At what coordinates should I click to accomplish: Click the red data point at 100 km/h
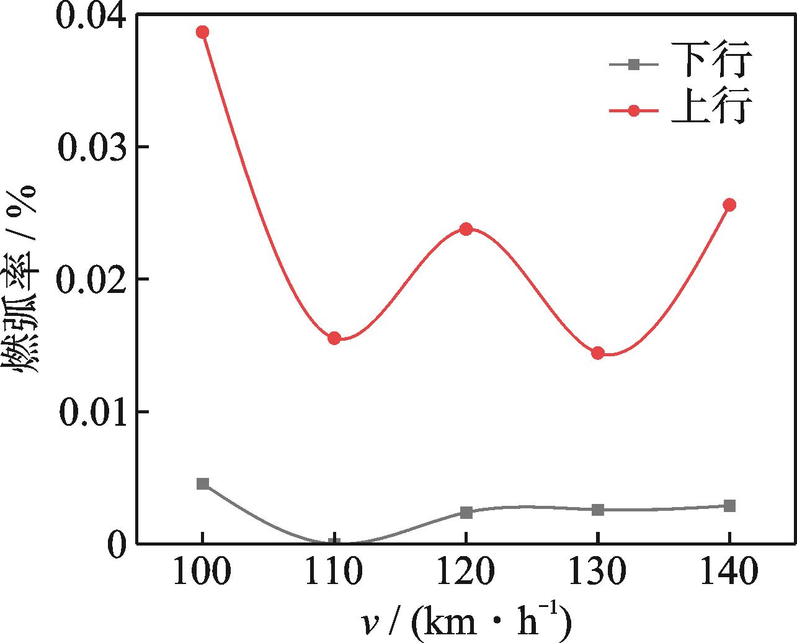pos(202,32)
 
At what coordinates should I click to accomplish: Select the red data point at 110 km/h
pos(334,338)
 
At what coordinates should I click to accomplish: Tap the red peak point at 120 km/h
pos(466,229)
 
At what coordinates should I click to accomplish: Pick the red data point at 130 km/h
pos(598,353)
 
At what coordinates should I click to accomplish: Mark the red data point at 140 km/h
pos(729,205)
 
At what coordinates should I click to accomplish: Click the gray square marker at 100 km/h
pos(203,483)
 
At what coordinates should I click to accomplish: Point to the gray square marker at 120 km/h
pos(466,512)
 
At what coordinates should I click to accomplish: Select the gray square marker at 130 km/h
pos(598,510)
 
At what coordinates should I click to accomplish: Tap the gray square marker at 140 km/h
pos(729,506)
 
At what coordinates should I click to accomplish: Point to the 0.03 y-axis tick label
pos(90,148)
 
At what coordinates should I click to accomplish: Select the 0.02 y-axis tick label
pos(90,280)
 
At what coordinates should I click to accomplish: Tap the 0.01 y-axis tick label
pos(90,413)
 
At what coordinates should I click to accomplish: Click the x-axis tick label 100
pos(202,572)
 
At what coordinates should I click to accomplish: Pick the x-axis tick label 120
pos(466,572)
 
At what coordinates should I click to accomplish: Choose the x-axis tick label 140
pos(729,572)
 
